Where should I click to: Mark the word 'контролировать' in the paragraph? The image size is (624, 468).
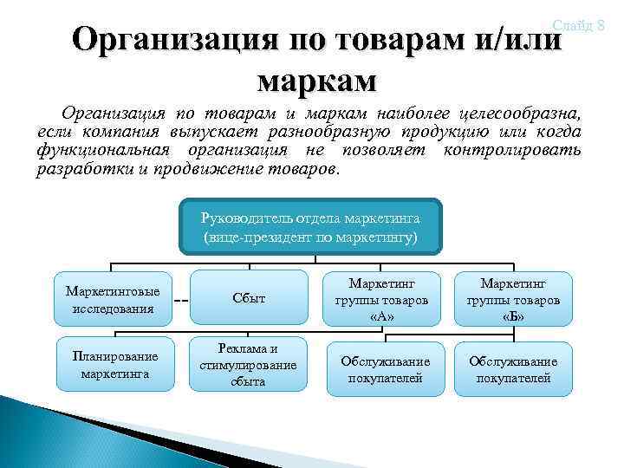512,150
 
